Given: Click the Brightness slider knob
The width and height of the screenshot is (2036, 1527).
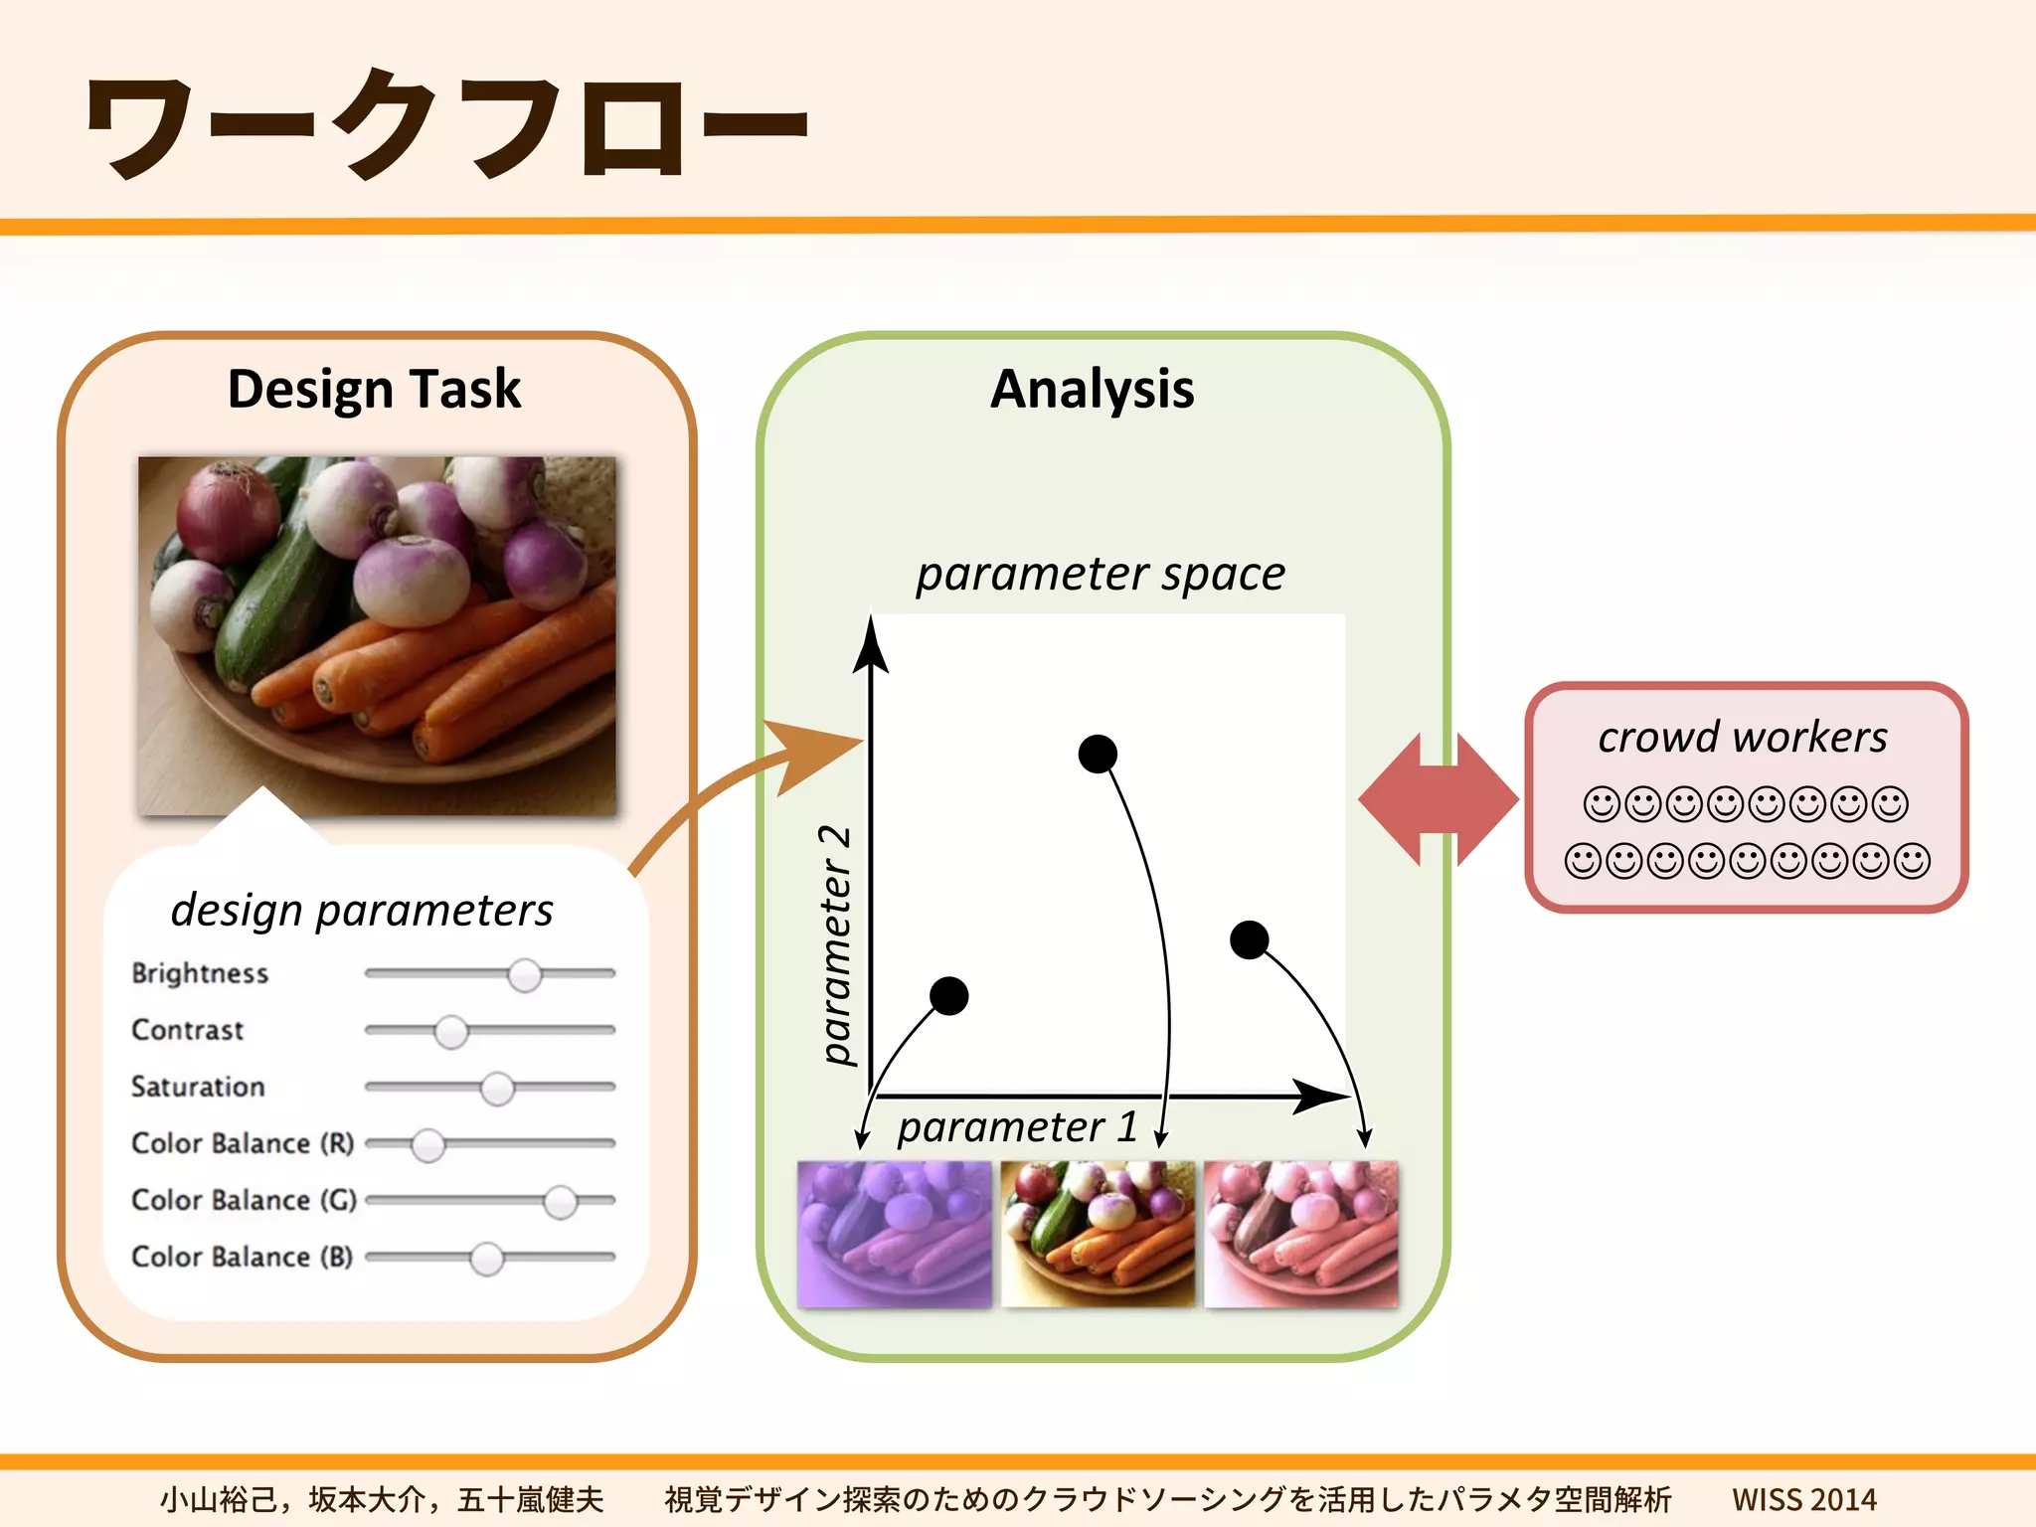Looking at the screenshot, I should [524, 975].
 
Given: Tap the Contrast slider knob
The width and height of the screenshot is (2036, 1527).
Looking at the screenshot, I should [451, 1032].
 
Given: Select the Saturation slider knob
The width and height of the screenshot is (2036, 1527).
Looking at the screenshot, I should [497, 1089].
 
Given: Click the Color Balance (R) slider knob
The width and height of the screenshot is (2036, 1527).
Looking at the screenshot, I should [428, 1145].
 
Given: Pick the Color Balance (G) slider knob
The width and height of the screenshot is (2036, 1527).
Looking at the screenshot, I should [561, 1202].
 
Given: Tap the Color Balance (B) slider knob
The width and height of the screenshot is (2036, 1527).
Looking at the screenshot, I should [486, 1259].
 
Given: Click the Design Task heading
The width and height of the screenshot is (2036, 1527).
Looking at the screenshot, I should [374, 389].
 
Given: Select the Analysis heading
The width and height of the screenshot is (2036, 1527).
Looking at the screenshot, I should [1093, 389].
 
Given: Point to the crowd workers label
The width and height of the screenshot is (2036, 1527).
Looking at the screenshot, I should [1743, 737].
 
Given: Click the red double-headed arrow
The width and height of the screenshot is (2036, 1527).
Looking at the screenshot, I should [1439, 799].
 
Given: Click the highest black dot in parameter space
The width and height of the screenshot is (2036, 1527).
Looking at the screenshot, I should [1098, 754].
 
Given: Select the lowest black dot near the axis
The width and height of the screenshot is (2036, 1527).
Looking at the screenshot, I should [948, 995].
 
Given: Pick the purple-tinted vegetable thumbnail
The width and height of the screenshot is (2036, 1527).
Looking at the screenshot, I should [894, 1235].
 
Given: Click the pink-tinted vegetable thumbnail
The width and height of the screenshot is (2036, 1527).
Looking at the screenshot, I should [1300, 1235].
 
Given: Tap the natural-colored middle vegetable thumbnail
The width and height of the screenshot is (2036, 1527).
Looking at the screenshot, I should [1098, 1235].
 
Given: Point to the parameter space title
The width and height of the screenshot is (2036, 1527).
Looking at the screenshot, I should [1101, 574].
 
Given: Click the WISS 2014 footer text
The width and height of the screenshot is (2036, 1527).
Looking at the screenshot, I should [1803, 1499].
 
